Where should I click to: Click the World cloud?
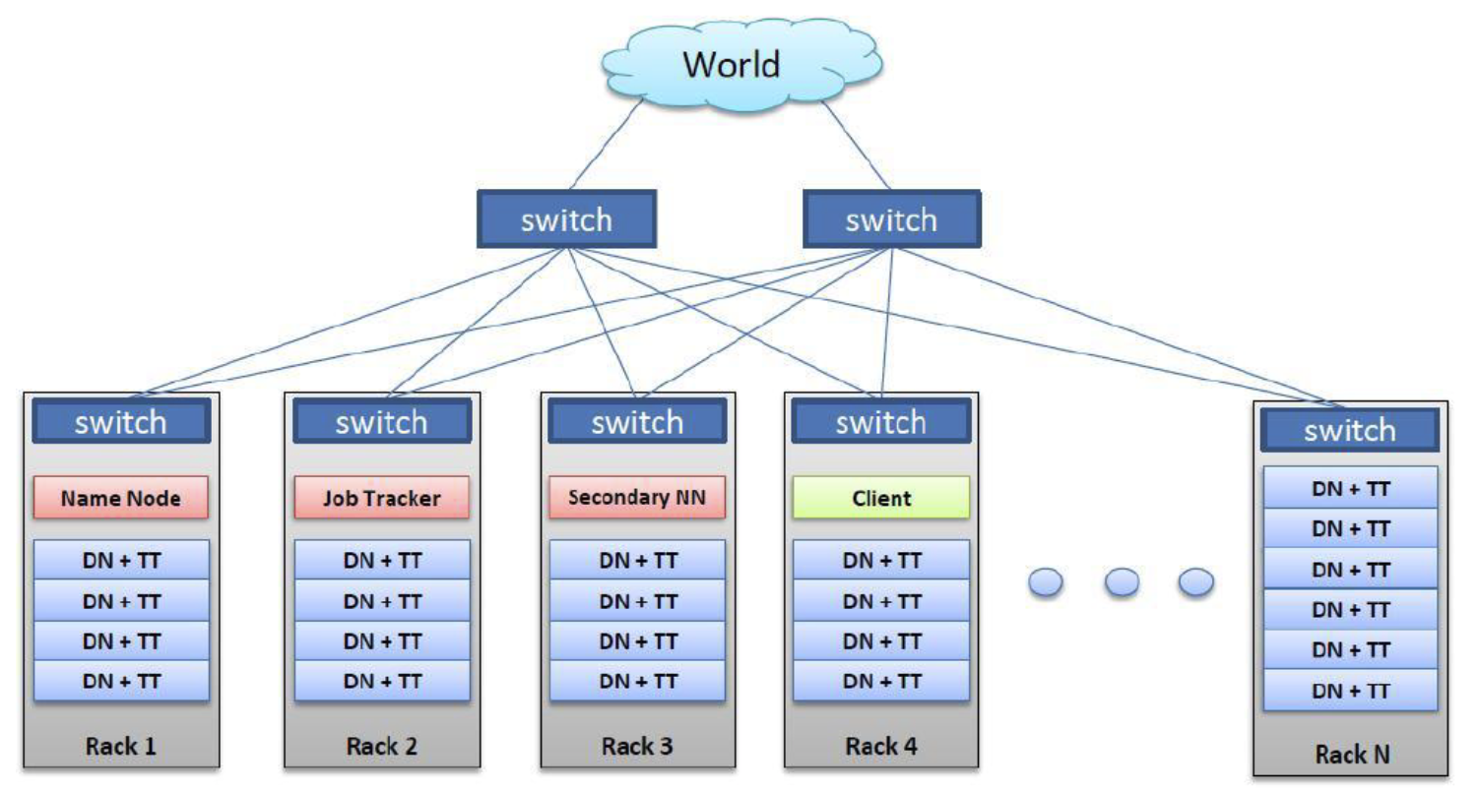[732, 64]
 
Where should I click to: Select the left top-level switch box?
[566, 218]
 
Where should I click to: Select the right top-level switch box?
[891, 218]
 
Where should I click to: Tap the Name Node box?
[121, 498]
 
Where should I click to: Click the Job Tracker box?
[382, 498]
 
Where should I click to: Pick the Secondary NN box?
[636, 497]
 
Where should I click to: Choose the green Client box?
[881, 498]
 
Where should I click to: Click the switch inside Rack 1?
[121, 422]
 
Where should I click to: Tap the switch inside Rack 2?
[382, 422]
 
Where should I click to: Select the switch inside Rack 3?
[637, 422]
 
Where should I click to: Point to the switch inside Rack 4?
[880, 422]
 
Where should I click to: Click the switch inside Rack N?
[1350, 430]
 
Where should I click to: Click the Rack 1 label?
[121, 746]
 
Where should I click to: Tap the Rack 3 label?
[637, 746]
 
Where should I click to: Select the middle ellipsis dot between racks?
[1122, 583]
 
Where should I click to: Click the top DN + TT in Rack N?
[1350, 488]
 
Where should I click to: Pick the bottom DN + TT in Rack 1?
[121, 681]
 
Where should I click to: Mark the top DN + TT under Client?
[881, 560]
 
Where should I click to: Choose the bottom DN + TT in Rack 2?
[382, 681]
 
